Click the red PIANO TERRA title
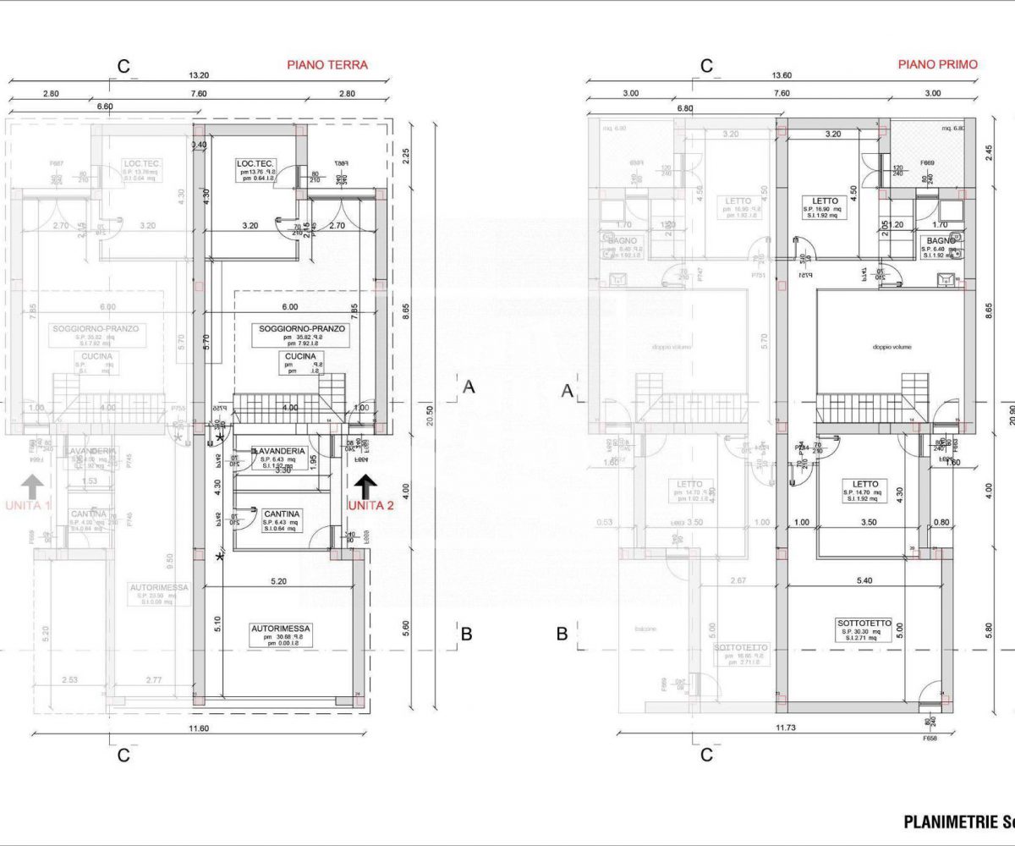click(x=327, y=64)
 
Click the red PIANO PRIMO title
click(x=937, y=64)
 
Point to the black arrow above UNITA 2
click(x=366, y=486)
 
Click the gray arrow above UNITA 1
click(x=32, y=486)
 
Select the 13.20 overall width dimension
click(x=199, y=75)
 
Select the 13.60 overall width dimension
click(x=782, y=75)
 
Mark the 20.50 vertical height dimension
click(x=430, y=415)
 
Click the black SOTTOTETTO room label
click(x=866, y=624)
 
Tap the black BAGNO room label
click(x=941, y=241)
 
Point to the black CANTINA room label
click(x=281, y=514)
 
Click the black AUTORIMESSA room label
click(x=281, y=629)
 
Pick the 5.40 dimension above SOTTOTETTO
click(x=864, y=581)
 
